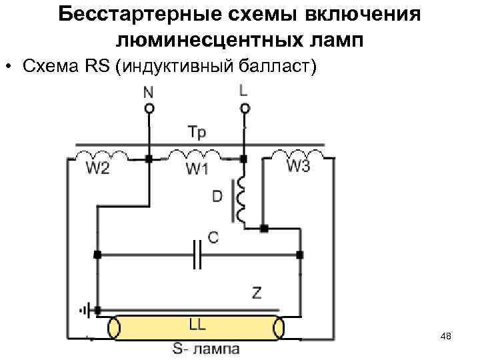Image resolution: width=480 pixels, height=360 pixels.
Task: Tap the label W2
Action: pyautogui.click(x=98, y=169)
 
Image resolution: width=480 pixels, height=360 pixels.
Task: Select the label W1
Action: pyautogui.click(x=197, y=169)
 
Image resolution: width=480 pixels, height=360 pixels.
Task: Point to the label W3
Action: pyautogui.click(x=298, y=167)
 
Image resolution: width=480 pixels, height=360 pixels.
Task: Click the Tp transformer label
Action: pyautogui.click(x=197, y=133)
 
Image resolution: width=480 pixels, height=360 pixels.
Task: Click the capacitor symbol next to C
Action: pyautogui.click(x=197, y=254)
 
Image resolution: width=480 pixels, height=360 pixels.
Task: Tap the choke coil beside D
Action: pyautogui.click(x=241, y=199)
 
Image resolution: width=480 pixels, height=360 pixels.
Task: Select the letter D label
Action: pyautogui.click(x=217, y=197)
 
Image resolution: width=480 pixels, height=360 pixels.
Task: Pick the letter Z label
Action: pyautogui.click(x=257, y=292)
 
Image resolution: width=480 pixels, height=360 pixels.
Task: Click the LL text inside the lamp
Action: pyautogui.click(x=197, y=325)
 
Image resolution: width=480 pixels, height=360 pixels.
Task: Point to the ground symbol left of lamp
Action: pyautogui.click(x=84, y=310)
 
